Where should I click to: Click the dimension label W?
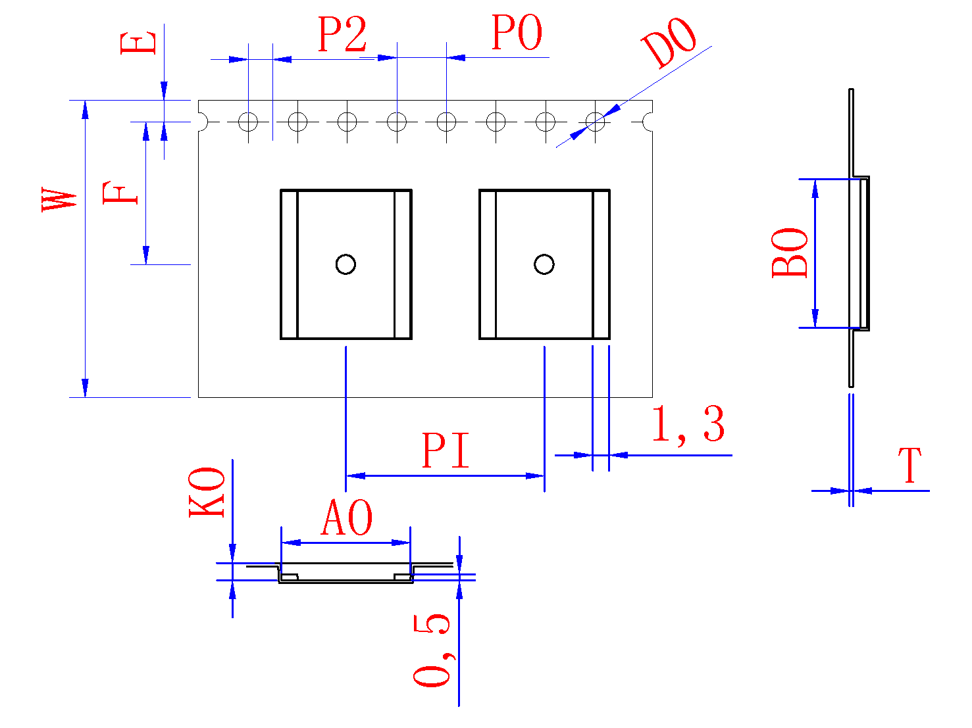pos(59,199)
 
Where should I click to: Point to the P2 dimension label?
pos(342,35)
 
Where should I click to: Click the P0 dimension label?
pos(517,33)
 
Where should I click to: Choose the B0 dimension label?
pos(790,253)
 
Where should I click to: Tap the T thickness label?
pos(910,466)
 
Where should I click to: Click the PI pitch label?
pos(446,451)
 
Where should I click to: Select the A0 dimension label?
pos(347,518)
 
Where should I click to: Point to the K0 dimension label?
pos(207,492)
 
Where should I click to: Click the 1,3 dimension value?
pos(688,425)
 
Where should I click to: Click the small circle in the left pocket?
pos(345,264)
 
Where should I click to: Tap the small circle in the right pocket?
pos(544,264)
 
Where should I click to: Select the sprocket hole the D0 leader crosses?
pos(595,122)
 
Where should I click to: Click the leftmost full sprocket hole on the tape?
pos(248,122)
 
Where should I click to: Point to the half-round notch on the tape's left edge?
pos(203,122)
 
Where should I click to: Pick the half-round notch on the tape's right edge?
pos(648,122)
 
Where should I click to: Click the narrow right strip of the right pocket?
pos(601,264)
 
